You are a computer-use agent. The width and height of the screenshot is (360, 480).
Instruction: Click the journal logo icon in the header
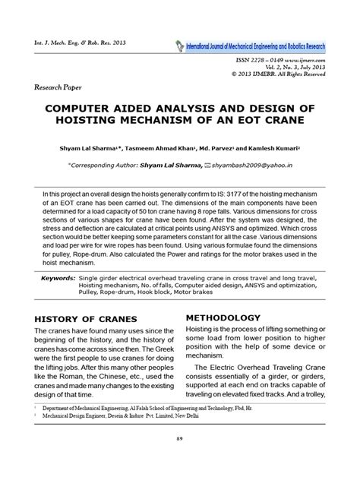tap(177, 45)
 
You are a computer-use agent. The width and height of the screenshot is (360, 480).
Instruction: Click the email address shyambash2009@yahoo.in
tap(254, 162)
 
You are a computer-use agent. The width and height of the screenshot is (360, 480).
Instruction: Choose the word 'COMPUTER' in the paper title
tap(98, 105)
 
